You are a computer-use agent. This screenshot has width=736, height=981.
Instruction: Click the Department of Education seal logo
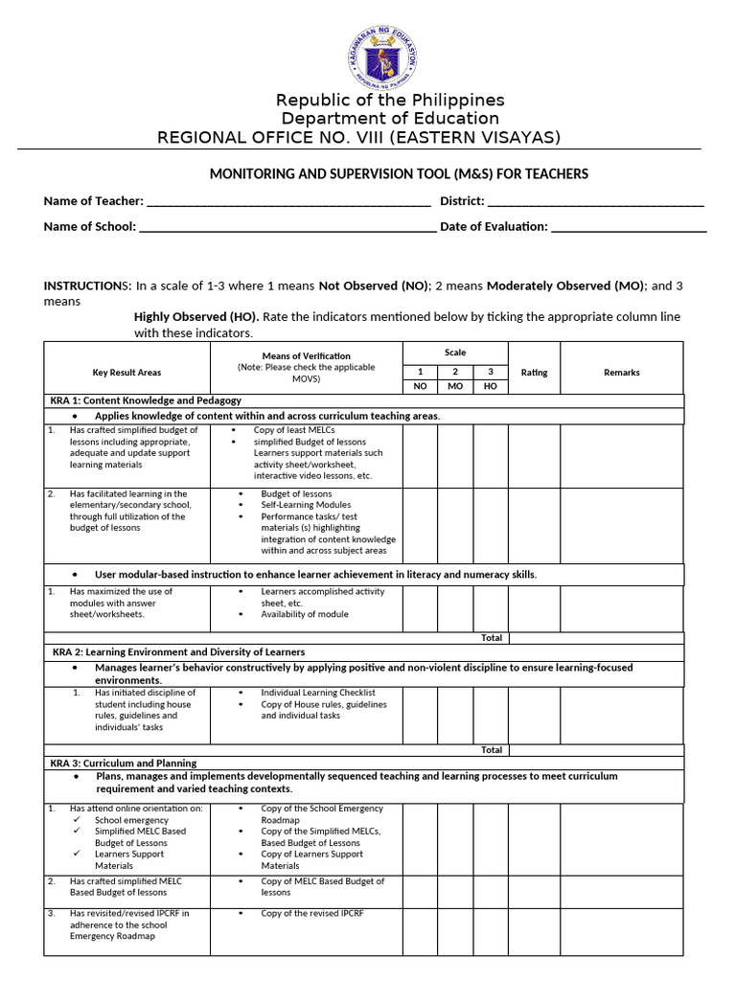tap(382, 56)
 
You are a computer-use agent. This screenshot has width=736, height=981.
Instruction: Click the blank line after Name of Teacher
tap(288, 202)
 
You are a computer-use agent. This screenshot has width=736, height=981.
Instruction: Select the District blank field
tap(596, 202)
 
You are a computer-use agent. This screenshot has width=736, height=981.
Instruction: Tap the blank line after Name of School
tap(288, 228)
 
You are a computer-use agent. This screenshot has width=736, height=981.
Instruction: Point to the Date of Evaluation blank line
tap(630, 228)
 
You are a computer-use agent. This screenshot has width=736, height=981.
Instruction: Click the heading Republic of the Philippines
tap(390, 101)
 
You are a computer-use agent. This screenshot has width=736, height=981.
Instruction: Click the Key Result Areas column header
tap(126, 373)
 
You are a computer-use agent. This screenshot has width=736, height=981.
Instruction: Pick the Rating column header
tap(534, 373)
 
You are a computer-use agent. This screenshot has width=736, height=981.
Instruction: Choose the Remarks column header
tap(621, 373)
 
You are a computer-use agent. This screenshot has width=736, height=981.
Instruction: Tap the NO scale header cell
tap(420, 386)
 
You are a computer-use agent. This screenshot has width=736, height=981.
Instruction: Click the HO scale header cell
tap(490, 386)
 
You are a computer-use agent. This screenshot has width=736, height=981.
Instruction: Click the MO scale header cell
tap(455, 386)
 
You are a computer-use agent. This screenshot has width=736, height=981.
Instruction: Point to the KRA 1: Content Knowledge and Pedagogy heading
tap(146, 400)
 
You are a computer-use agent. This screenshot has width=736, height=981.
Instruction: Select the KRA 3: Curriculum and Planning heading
tap(125, 763)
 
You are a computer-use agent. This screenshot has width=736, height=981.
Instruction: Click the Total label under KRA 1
tap(491, 637)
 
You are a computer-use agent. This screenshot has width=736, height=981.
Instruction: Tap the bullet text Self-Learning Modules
tap(306, 505)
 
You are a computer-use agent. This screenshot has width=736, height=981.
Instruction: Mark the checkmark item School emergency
tap(131, 820)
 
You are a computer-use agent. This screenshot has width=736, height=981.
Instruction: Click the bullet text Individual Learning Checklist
tap(318, 692)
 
